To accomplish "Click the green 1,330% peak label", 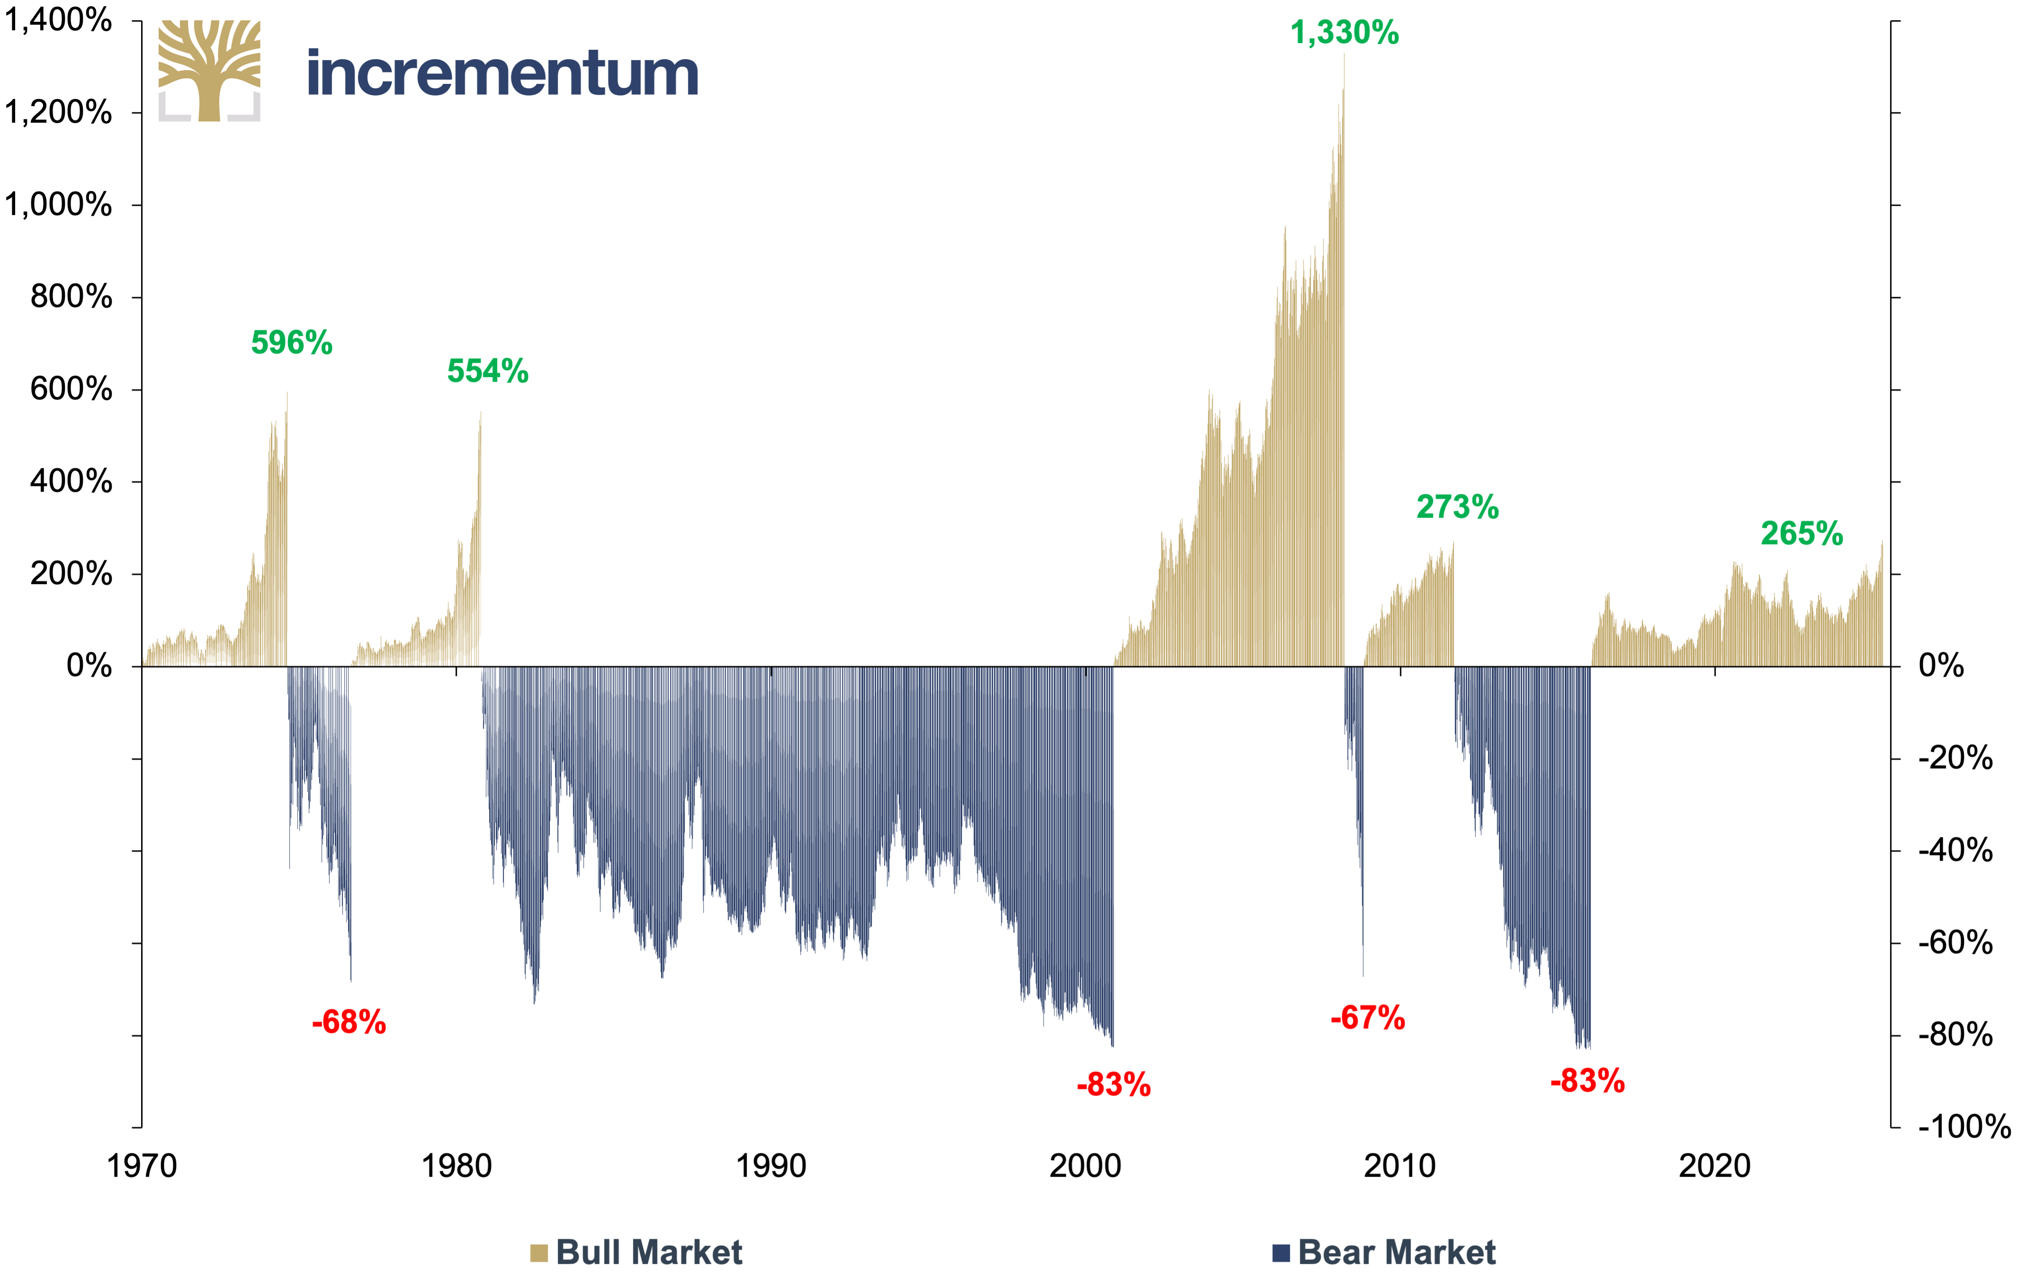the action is click(x=1344, y=33).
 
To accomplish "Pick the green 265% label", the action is click(x=1802, y=533).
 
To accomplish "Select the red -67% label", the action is click(x=1368, y=1017).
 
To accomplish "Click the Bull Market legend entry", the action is click(x=636, y=1252).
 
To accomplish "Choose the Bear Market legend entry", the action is click(x=1384, y=1252).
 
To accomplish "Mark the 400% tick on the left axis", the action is click(x=71, y=481).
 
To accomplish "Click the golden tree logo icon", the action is click(x=209, y=71).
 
